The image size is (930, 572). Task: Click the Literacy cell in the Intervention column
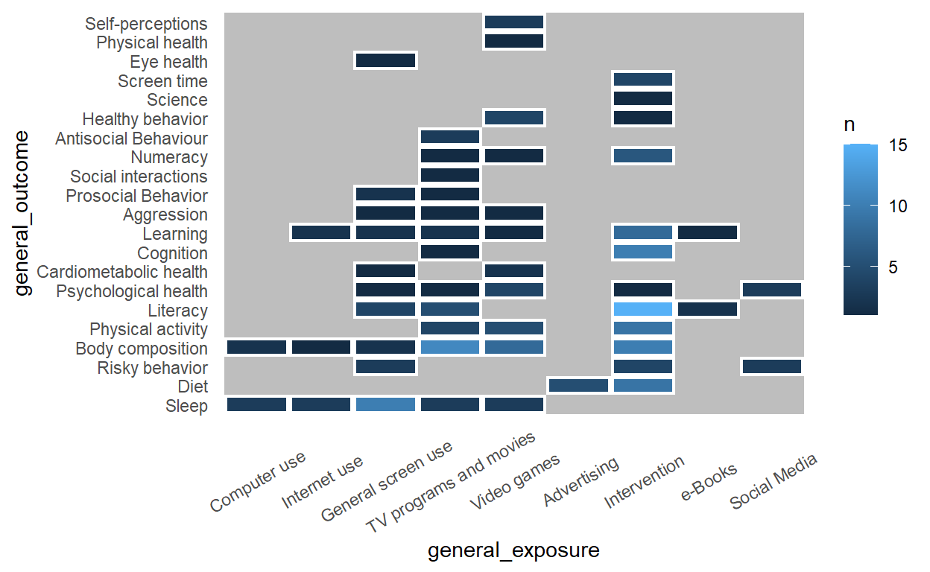(642, 309)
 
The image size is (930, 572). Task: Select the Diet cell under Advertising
(578, 385)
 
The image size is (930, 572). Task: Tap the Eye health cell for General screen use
(385, 60)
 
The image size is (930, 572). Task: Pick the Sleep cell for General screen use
(385, 404)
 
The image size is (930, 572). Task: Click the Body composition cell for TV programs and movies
(449, 347)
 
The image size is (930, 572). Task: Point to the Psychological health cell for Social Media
(771, 290)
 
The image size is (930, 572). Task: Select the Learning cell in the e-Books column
(707, 232)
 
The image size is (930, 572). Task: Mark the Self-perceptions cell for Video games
(514, 22)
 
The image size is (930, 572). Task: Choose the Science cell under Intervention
(642, 98)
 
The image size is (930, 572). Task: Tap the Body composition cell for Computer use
(256, 347)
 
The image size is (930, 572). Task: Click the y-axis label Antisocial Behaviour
(131, 139)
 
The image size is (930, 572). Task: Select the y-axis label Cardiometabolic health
(122, 272)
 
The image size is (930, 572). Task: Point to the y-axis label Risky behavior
(152, 368)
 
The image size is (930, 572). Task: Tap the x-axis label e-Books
(709, 481)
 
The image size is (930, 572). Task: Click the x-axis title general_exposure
(513, 550)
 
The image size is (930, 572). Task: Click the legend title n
(849, 126)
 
